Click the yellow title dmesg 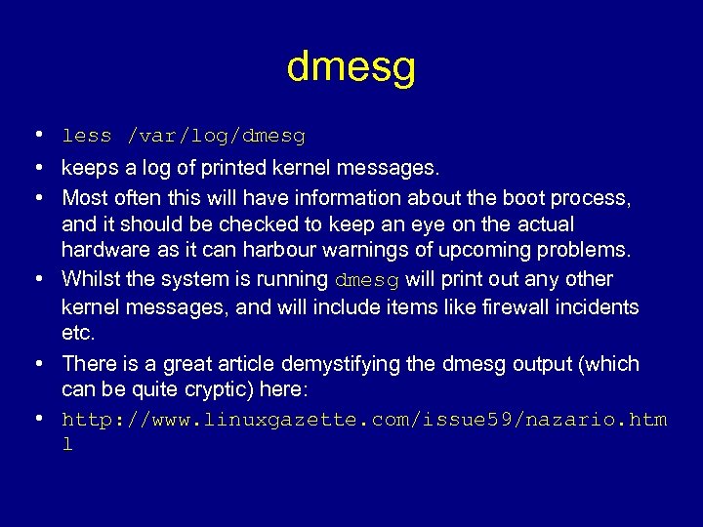tap(351, 67)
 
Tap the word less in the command tap(86, 136)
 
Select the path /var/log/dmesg tap(216, 136)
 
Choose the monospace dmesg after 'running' tap(367, 280)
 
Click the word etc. tap(78, 333)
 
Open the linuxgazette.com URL tap(364, 421)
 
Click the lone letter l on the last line tap(67, 445)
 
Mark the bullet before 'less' tap(36, 135)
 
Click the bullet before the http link tap(36, 420)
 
